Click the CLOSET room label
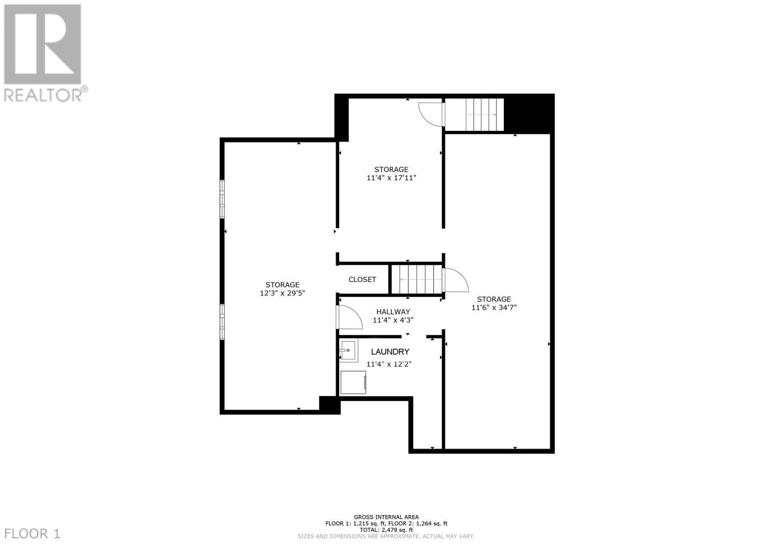coord(362,280)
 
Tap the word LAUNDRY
coord(390,352)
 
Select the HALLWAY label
coord(393,312)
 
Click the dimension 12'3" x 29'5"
coord(283,293)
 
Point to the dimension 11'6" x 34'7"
coord(494,307)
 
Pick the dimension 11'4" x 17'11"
coord(391,178)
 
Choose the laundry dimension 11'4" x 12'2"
coord(389,364)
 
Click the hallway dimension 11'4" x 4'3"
coord(393,320)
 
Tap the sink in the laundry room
coord(348,350)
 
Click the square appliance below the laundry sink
coord(353,383)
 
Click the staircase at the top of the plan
coord(474,115)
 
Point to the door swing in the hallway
coord(349,318)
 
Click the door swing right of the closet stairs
coord(455,281)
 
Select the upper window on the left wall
coord(222,199)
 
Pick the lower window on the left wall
coord(222,322)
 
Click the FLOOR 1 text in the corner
coord(32,534)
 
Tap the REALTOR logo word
coord(43,95)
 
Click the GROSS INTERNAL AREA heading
coord(386,517)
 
